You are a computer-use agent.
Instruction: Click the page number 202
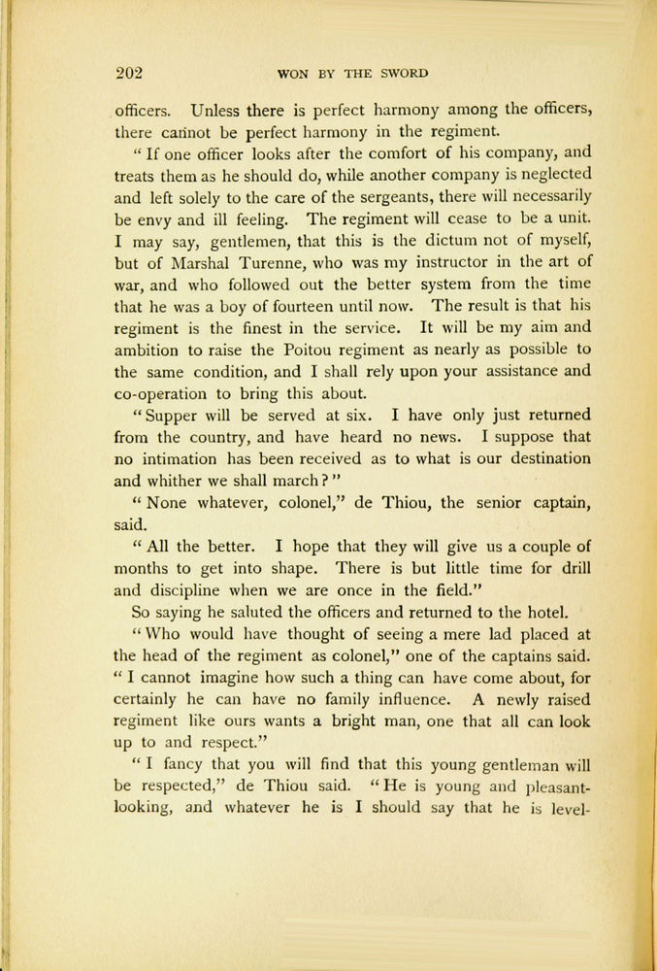click(129, 71)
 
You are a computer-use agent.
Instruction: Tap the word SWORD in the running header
click(402, 73)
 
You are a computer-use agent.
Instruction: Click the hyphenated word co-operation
click(170, 394)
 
